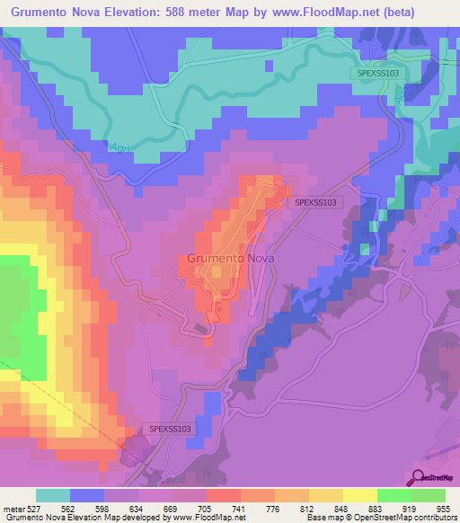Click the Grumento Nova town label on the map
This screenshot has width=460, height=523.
pos(231,258)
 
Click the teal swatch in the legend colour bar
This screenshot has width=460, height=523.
pos(53,495)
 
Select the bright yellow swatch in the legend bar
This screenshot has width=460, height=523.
pos(359,495)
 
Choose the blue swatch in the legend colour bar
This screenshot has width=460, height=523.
pos(87,495)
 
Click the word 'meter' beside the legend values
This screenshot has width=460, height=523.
pos(13,508)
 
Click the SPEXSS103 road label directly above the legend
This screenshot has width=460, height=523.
pos(170,430)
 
